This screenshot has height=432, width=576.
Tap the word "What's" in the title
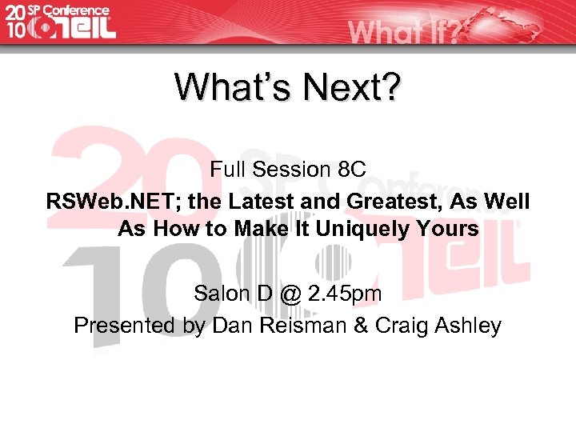pyautogui.click(x=232, y=87)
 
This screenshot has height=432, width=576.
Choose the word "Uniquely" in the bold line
pyautogui.click(x=373, y=230)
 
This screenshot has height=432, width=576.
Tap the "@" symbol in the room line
pyautogui.click(x=291, y=294)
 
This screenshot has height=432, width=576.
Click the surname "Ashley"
pyautogui.click(x=467, y=326)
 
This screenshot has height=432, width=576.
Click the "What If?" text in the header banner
pyautogui.click(x=403, y=30)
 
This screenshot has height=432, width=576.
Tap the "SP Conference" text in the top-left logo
pyautogui.click(x=69, y=10)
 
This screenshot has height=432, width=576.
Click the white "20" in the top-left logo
pyautogui.click(x=15, y=11)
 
